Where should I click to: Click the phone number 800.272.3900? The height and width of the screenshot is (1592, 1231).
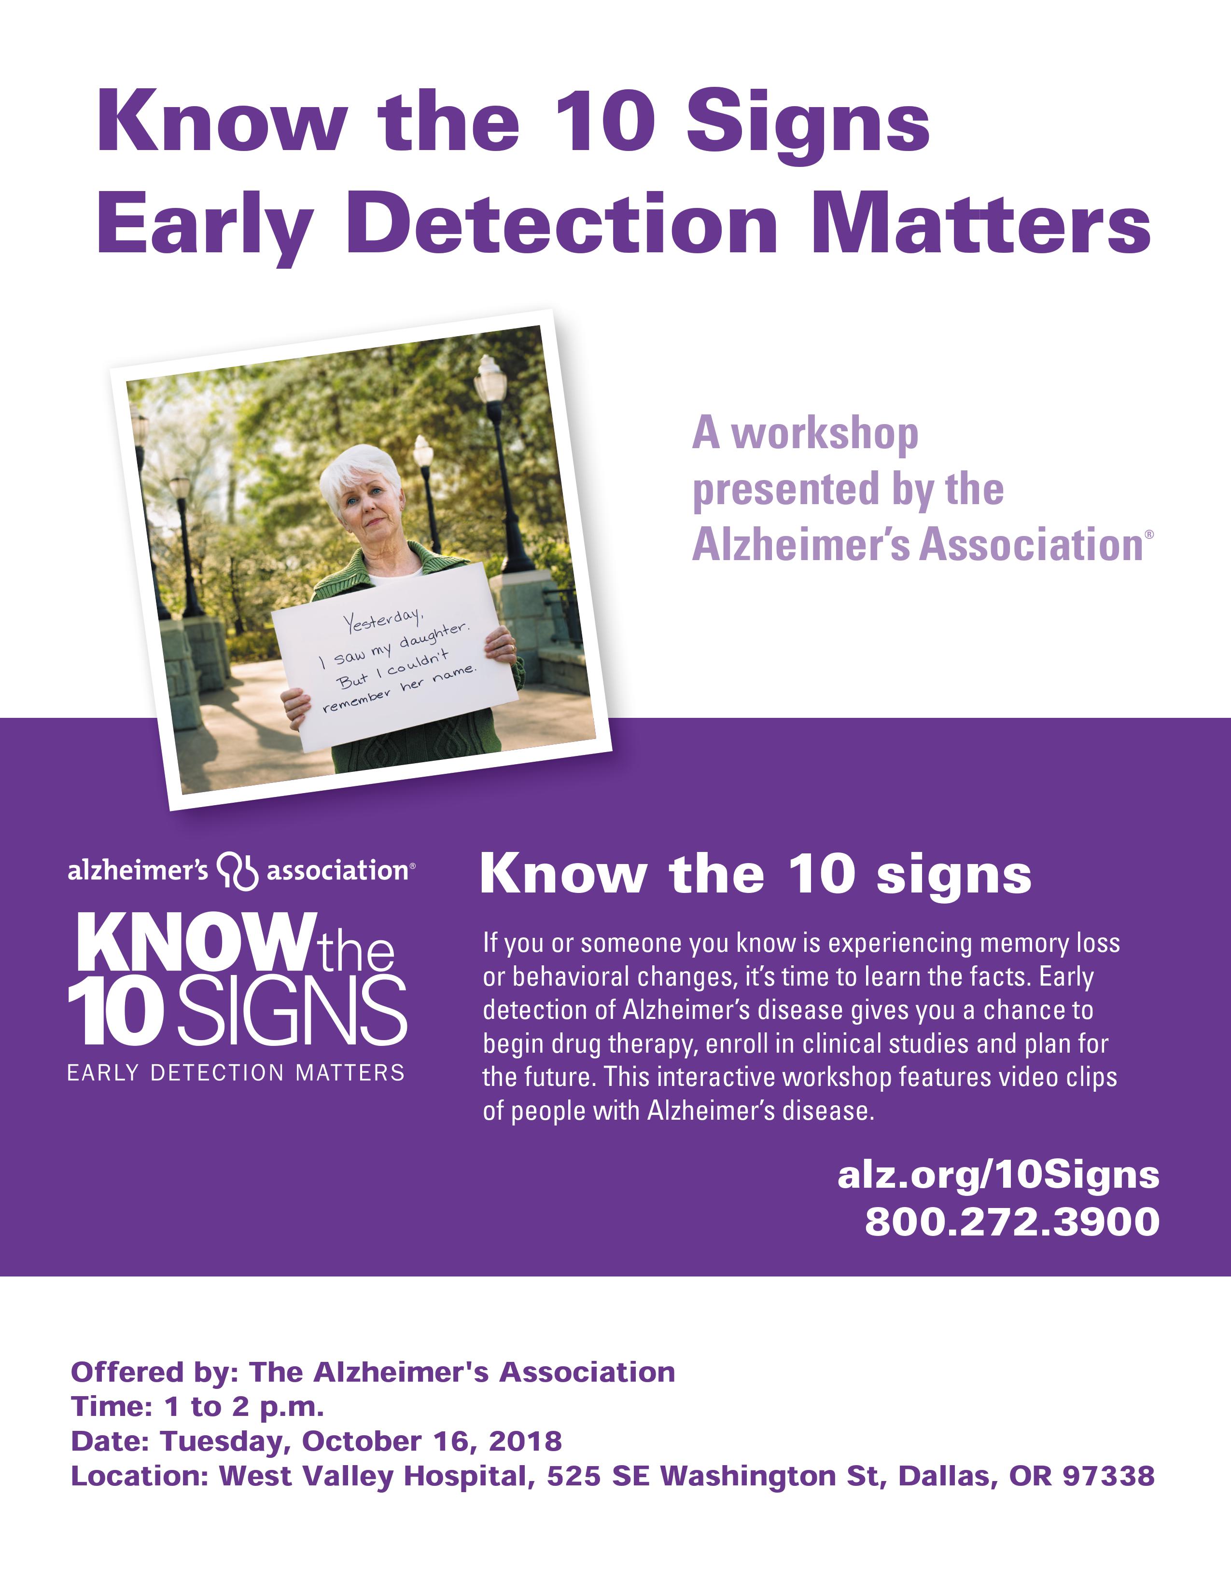[1012, 1221]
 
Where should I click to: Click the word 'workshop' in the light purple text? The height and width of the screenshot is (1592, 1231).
[825, 435]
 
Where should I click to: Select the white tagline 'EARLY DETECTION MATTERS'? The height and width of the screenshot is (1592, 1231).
[236, 1073]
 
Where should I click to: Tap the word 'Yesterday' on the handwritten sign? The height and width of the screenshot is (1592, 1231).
[383, 621]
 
